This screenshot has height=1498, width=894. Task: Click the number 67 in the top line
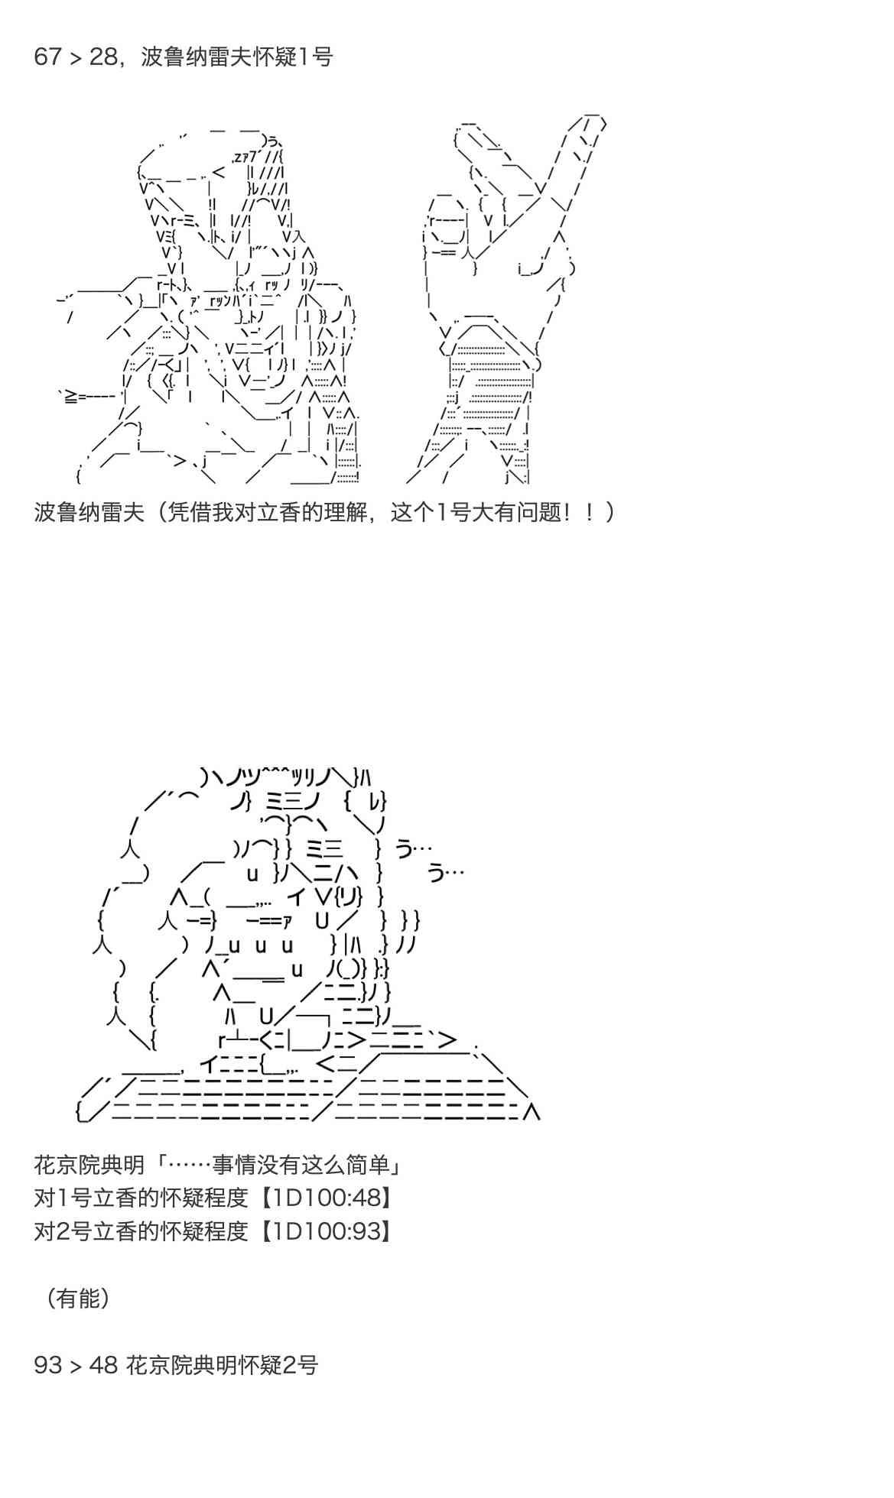[x=47, y=57]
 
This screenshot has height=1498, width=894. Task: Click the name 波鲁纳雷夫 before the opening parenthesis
[x=89, y=512]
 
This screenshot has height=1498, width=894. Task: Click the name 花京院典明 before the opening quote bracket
[x=89, y=1165]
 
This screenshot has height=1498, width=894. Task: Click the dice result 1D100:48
[x=327, y=1198]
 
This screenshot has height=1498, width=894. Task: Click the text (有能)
[x=77, y=1298]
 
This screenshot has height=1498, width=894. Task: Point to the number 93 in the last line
[x=47, y=1365]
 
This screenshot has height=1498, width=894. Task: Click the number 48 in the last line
[x=103, y=1365]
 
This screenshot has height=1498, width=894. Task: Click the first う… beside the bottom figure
[x=414, y=848]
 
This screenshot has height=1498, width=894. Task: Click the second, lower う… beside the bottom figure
[x=445, y=871]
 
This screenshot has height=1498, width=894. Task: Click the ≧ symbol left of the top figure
[x=69, y=397]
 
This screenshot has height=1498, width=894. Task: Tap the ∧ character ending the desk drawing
[x=532, y=1113]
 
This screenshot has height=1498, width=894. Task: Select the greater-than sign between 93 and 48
[x=75, y=1366]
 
